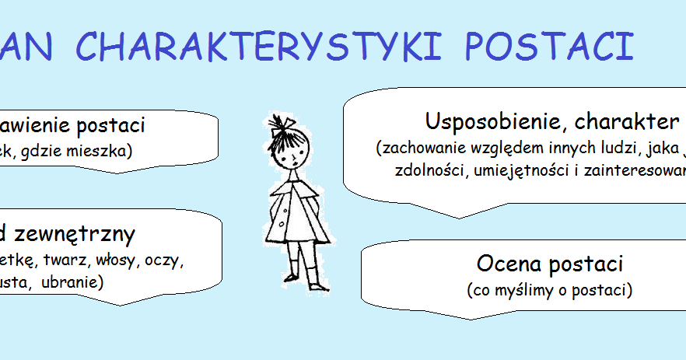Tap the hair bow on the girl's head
click(x=282, y=125)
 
